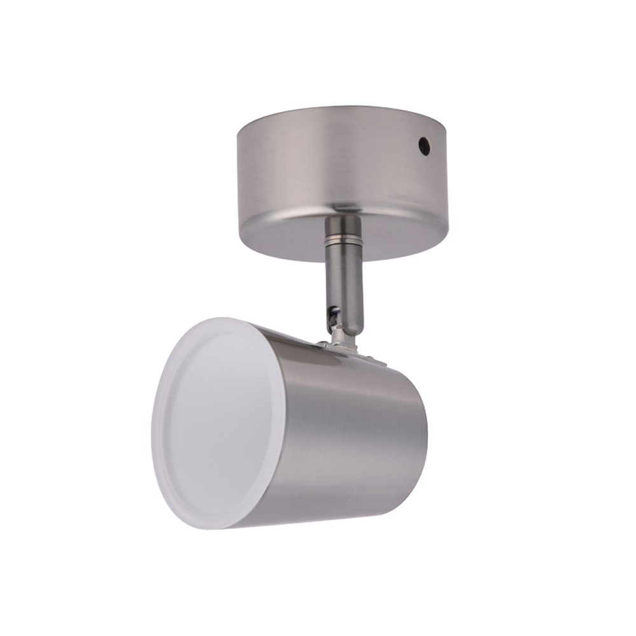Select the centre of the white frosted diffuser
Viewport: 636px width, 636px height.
tap(216, 422)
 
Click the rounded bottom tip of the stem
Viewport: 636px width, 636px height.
tap(347, 328)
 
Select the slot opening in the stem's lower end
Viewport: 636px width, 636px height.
tap(332, 312)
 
